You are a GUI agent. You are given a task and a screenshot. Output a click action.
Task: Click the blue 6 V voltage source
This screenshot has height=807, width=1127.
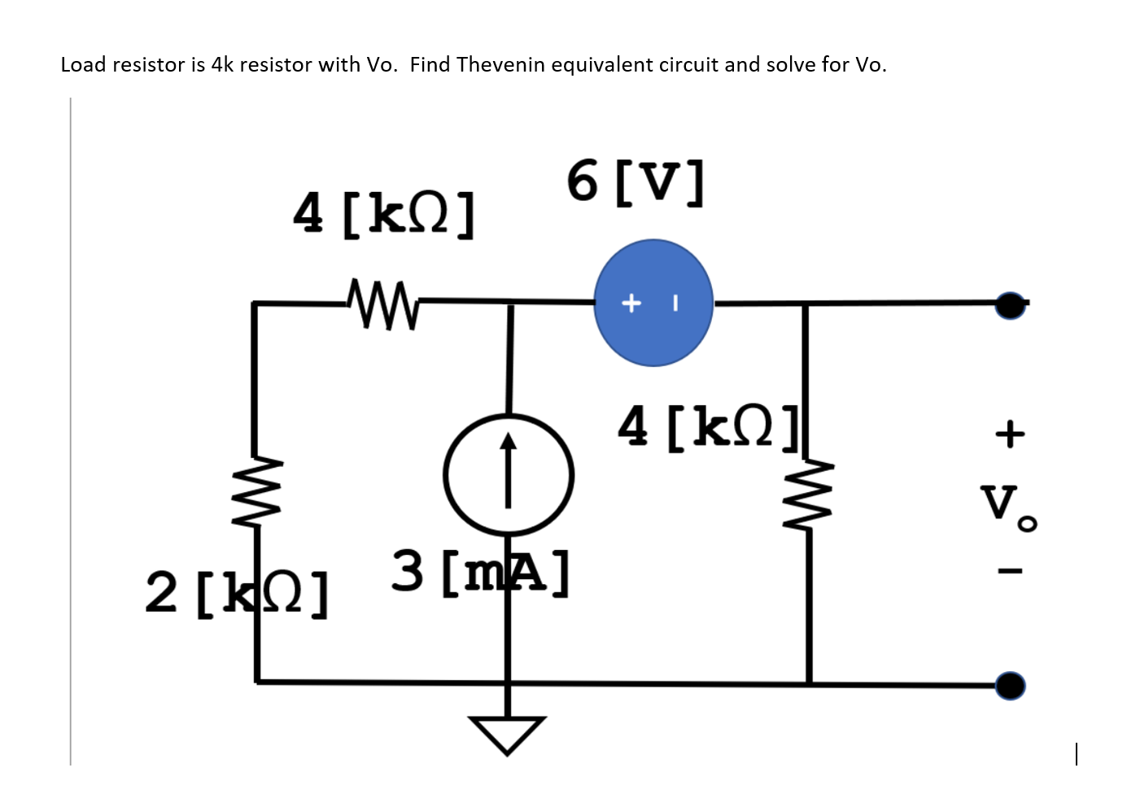click(653, 303)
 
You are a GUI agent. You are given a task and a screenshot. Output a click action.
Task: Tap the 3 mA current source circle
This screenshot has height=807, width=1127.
click(509, 475)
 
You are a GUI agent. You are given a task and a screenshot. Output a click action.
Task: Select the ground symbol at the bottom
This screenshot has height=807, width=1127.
click(507, 733)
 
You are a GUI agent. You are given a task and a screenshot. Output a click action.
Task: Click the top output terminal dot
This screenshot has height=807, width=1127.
click(1010, 305)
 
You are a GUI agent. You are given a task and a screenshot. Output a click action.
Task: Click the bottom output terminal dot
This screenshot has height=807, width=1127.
click(1010, 686)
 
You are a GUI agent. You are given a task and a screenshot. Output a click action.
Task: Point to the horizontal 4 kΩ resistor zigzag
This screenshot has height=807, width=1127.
click(382, 304)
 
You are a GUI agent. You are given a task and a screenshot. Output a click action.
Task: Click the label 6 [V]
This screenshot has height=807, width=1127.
click(635, 181)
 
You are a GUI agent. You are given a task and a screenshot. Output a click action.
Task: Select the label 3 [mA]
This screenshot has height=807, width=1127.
click(480, 572)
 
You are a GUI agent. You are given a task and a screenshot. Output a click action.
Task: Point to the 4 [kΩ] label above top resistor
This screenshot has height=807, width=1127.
click(383, 215)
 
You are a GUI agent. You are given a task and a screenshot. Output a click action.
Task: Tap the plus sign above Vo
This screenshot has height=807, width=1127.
click(1009, 433)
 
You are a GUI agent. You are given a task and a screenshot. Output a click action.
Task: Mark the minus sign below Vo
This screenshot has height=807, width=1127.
click(1009, 571)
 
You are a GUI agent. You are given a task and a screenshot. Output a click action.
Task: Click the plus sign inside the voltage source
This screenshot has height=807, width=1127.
click(631, 303)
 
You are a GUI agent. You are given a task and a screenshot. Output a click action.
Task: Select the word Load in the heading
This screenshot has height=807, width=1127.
click(84, 65)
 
